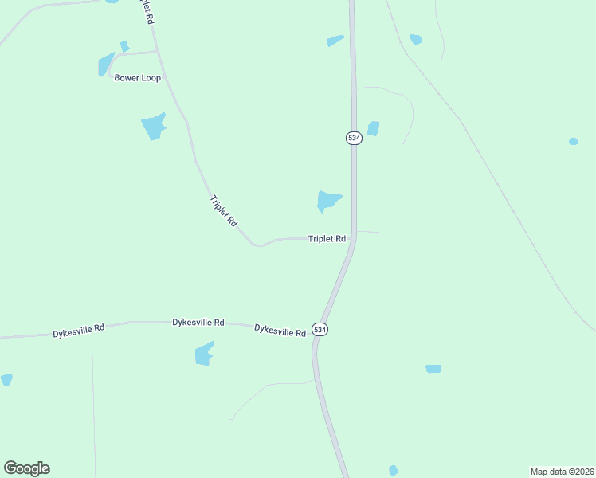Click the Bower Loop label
138,78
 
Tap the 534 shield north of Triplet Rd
354,138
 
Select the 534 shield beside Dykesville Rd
320,330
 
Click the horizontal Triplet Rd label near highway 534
327,238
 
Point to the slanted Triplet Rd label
223,212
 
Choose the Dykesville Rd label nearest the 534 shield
280,331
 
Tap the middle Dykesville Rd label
198,323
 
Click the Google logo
26,468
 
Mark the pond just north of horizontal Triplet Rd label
327,200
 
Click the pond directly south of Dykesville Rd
204,353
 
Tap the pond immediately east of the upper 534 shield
373,128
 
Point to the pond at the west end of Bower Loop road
106,64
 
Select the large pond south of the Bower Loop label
153,126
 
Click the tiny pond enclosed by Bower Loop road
124,46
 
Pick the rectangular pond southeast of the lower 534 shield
433,369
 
